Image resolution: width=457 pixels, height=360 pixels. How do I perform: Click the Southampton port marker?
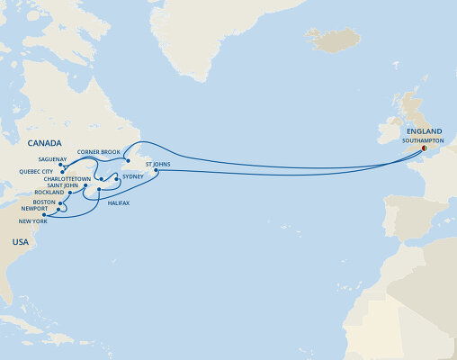(x=425, y=148)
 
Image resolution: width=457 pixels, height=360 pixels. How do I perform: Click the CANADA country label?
(x=44, y=143)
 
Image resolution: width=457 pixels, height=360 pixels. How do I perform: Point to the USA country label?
(x=21, y=242)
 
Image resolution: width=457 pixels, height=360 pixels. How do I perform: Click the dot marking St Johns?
(x=157, y=171)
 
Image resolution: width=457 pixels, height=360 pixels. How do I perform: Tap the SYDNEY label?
(x=133, y=177)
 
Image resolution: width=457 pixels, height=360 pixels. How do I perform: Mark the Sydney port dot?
(x=117, y=180)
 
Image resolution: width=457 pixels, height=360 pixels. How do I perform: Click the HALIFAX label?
(x=119, y=202)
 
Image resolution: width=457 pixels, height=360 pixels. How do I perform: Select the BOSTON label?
(x=44, y=202)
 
